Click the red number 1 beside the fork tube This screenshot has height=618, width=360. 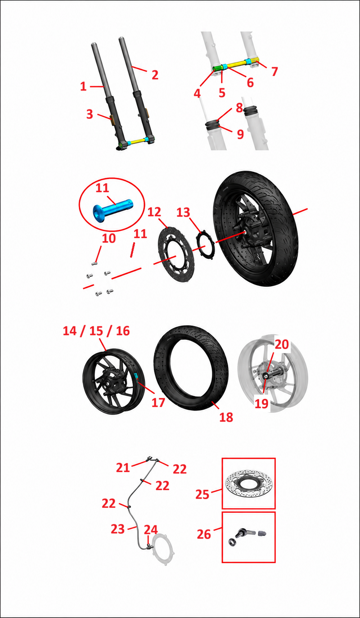pos(83,86)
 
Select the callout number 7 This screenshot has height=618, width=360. pos(274,72)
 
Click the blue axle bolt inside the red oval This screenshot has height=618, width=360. pos(113,209)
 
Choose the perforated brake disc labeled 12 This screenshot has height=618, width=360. pos(175,254)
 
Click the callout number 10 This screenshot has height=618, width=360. pos(109,239)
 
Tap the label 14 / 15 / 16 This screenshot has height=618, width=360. pos(96,331)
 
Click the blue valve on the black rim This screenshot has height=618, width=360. pos(136,375)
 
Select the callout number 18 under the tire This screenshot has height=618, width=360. pos(226,417)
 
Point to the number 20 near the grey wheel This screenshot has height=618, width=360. pos(282,344)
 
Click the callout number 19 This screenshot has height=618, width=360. pos(261,404)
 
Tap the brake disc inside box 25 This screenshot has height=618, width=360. pos(249,484)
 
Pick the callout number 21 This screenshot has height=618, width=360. pos(123,468)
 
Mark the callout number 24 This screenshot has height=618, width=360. pos(151,530)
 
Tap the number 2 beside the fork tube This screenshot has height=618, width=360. pos(155,75)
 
